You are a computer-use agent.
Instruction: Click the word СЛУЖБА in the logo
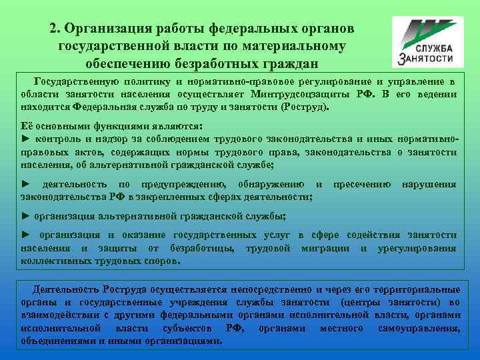(x=434, y=49)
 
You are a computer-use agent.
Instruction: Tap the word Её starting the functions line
(x=29, y=126)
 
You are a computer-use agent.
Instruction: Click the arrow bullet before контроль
(x=26, y=139)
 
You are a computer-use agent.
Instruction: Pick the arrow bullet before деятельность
(x=26, y=184)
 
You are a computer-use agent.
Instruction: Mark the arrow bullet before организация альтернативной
(x=26, y=216)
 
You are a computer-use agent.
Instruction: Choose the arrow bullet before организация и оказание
(x=26, y=235)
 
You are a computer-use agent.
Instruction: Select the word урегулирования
(x=417, y=248)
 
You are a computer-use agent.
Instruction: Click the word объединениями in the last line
(x=57, y=341)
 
